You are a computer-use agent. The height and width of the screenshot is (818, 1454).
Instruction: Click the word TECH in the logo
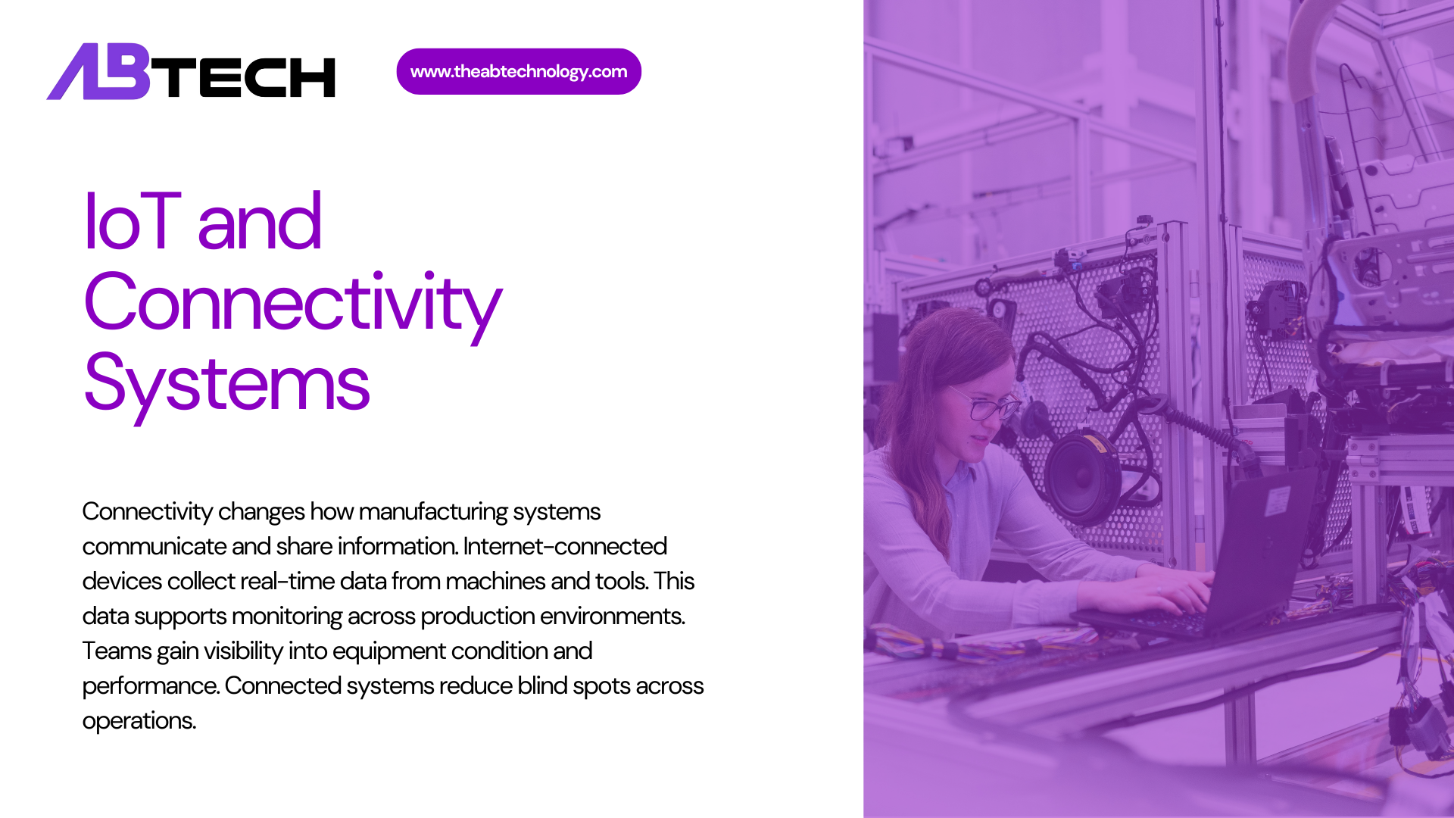coord(248,77)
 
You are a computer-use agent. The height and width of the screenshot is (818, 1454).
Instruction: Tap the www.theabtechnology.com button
coord(519,72)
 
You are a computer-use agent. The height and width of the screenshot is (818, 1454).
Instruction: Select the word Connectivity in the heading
coord(292,304)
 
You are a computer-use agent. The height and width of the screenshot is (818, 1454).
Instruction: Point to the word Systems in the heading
coord(226,385)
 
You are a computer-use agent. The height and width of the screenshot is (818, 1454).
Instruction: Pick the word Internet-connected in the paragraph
coord(565,547)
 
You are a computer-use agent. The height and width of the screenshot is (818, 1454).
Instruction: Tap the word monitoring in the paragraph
coord(287,617)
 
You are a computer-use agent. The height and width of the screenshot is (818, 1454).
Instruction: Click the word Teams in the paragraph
coord(117,651)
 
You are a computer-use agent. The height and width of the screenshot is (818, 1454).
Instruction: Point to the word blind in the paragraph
coord(542,686)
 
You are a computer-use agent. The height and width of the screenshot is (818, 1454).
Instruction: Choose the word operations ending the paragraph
coord(139,721)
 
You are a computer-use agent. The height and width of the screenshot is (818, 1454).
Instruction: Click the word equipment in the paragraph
coord(388,651)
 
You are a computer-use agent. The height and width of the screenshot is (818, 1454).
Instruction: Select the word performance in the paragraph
coord(151,686)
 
